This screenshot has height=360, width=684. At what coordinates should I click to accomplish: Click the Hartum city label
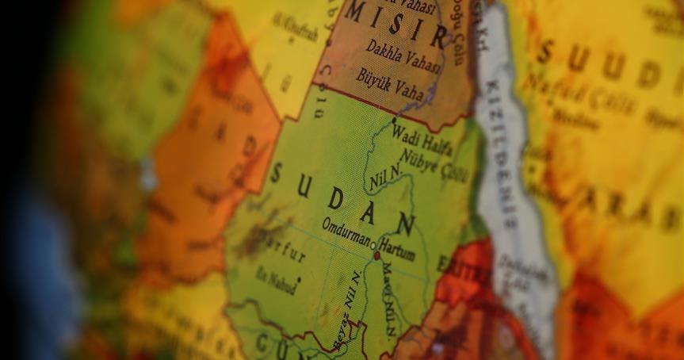(x=398, y=245)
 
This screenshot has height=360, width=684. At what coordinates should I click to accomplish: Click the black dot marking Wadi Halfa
(x=394, y=120)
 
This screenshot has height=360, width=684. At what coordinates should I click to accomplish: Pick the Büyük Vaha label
(x=389, y=79)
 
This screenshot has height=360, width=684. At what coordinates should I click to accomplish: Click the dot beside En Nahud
(x=298, y=279)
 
